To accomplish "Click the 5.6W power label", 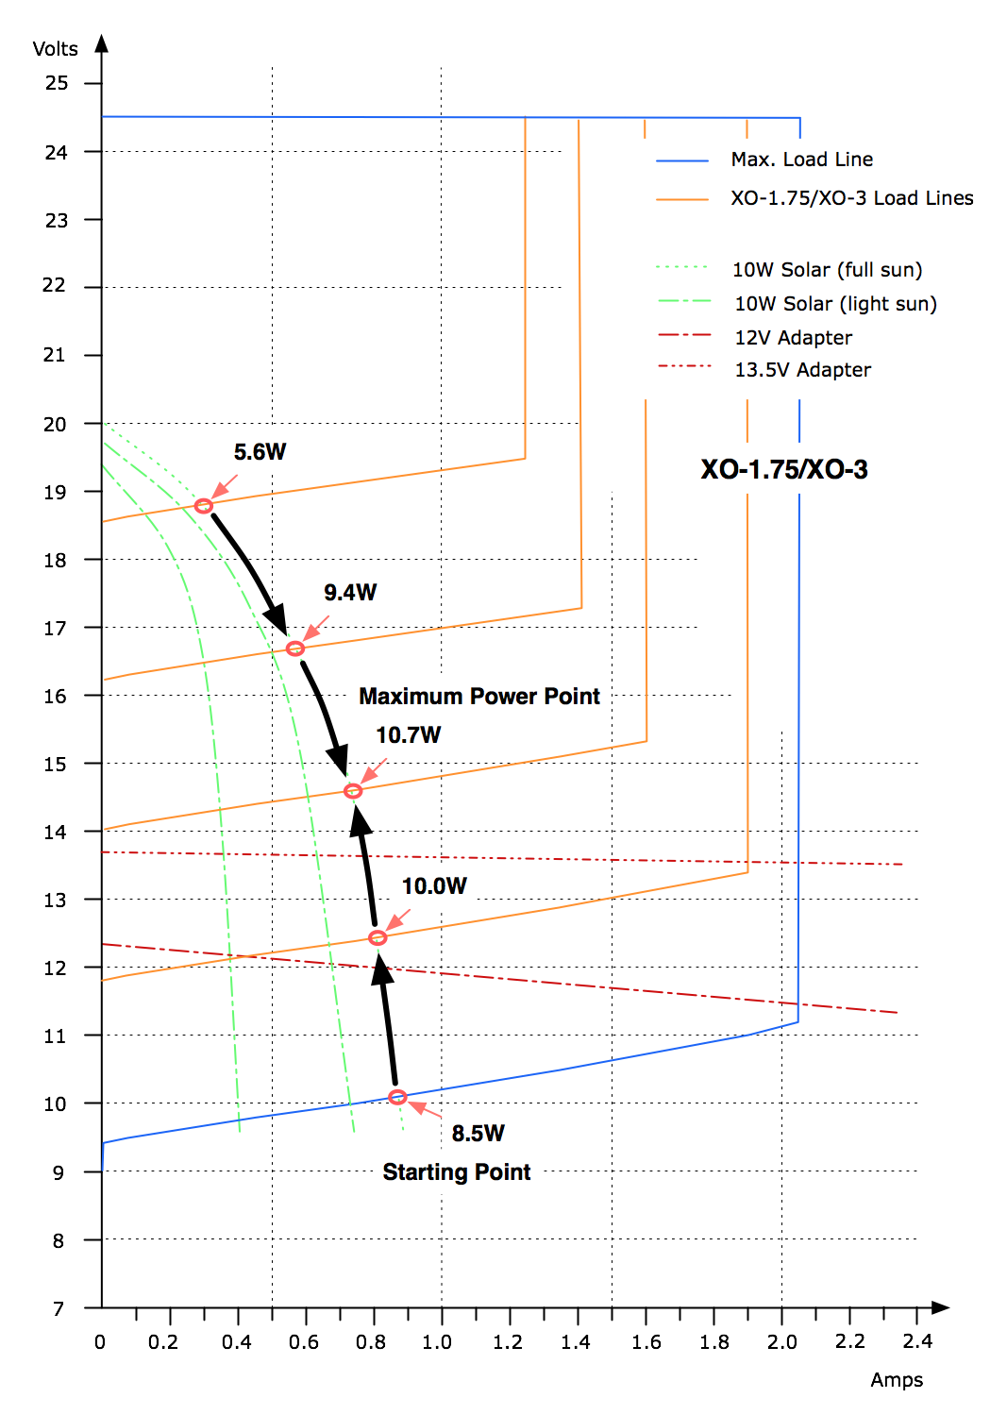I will coord(260,452).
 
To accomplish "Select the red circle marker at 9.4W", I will coord(295,649).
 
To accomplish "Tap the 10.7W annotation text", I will coord(408,735).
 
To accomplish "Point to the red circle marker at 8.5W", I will coord(397,1097).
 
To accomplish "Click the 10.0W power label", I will coord(434,886).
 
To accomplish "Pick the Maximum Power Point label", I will coord(479,697).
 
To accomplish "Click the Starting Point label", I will coord(457,1172).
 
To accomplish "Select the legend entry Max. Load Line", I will coord(801,160).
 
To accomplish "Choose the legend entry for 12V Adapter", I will coord(793,338).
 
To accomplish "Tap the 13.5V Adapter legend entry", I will coord(802,370).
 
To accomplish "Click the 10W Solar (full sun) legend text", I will coord(827,270).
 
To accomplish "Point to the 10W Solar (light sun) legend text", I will coord(835,304).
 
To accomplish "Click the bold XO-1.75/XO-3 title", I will coord(783,470).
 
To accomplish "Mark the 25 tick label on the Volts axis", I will coord(57,83).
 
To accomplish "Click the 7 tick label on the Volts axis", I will coord(59,1308).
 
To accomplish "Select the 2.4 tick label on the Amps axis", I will coord(916,1341).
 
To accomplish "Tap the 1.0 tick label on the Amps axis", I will coord(437,1342).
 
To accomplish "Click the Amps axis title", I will coord(896,1380).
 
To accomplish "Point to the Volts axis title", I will coord(55,49).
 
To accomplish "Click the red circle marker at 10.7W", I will coord(353,791).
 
